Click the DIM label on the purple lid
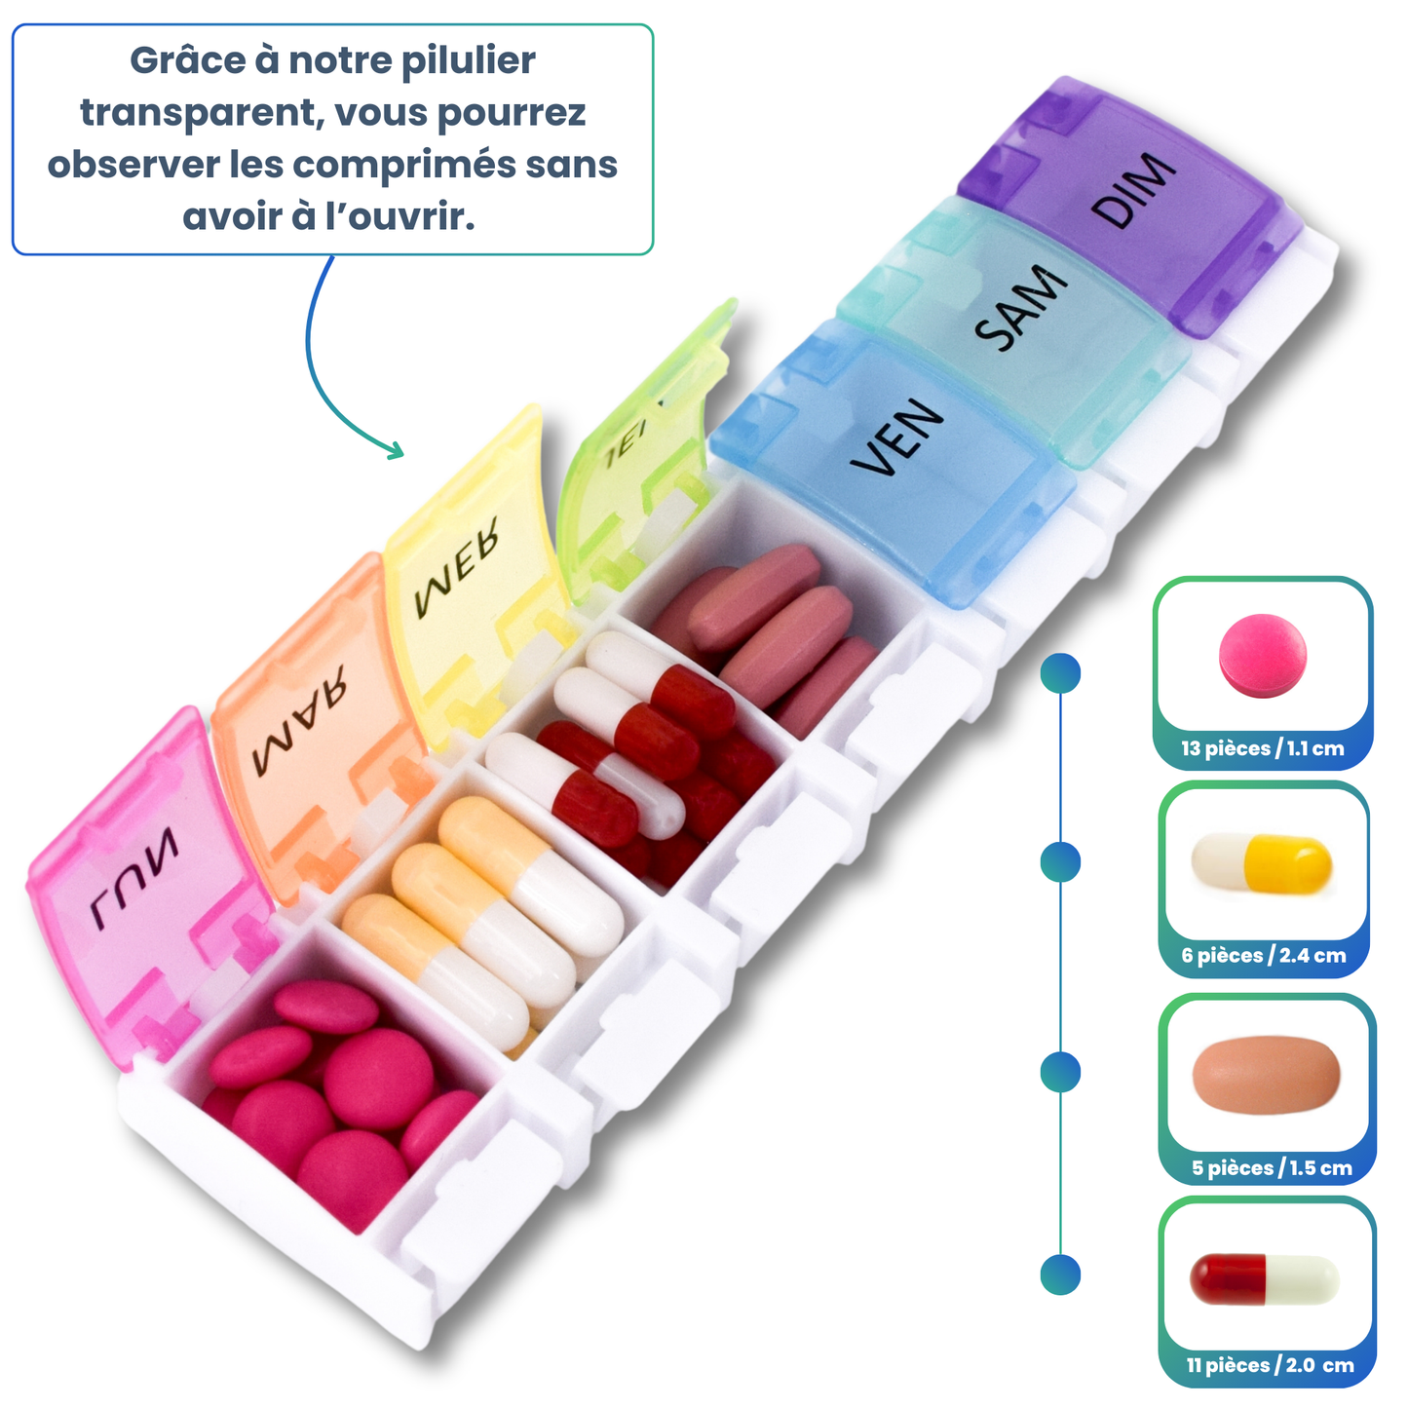pos(1132,190)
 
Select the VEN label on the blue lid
pos(897,438)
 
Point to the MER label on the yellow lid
pos(457,567)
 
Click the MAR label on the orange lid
pos(299,720)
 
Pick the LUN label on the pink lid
pos(134,881)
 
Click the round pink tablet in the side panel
pos(1262,655)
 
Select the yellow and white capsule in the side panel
pos(1261,863)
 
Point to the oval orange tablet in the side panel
pos(1267,1074)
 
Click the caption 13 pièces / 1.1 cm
pos(1263,748)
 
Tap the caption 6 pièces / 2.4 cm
pos(1264,955)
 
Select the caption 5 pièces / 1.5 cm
pos(1273,1167)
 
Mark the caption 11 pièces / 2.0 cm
pos(1271,1365)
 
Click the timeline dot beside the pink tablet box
pos(1060,673)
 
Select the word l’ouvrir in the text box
pos(400,217)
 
